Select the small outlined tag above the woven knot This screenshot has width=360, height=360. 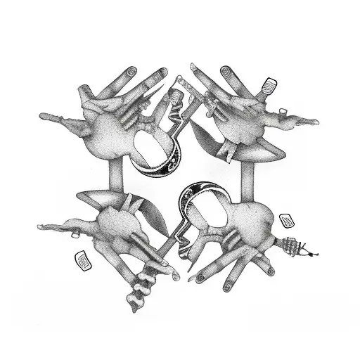(286, 221)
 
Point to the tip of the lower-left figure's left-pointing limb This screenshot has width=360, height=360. (41, 226)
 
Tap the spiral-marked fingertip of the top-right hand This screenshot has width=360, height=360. (226, 72)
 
